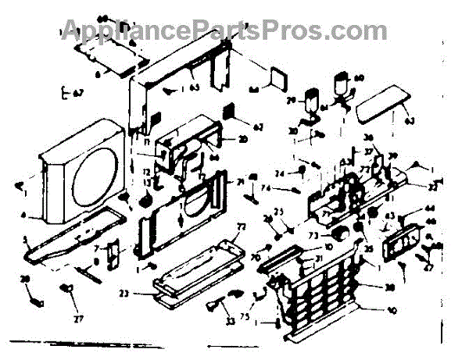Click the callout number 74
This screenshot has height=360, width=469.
coord(267,189)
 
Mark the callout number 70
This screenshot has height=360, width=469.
coord(257,257)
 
